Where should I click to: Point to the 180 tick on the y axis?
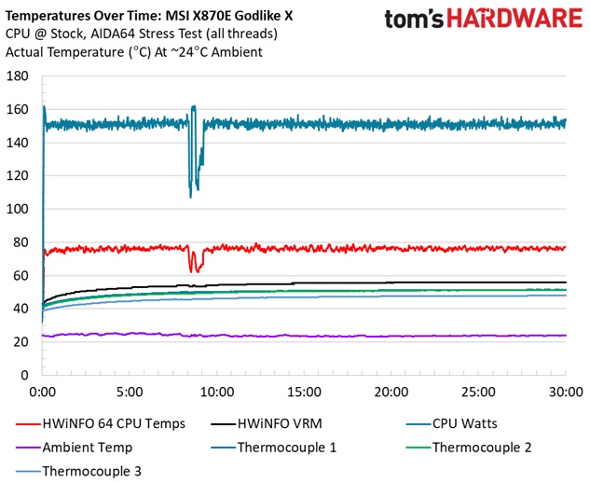coord(19,76)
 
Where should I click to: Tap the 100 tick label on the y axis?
coord(19,209)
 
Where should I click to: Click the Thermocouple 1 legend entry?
coord(290,447)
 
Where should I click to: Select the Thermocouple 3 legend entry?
coord(91,471)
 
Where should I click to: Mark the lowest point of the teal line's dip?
coord(190,196)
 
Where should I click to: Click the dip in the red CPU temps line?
coord(192,270)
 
